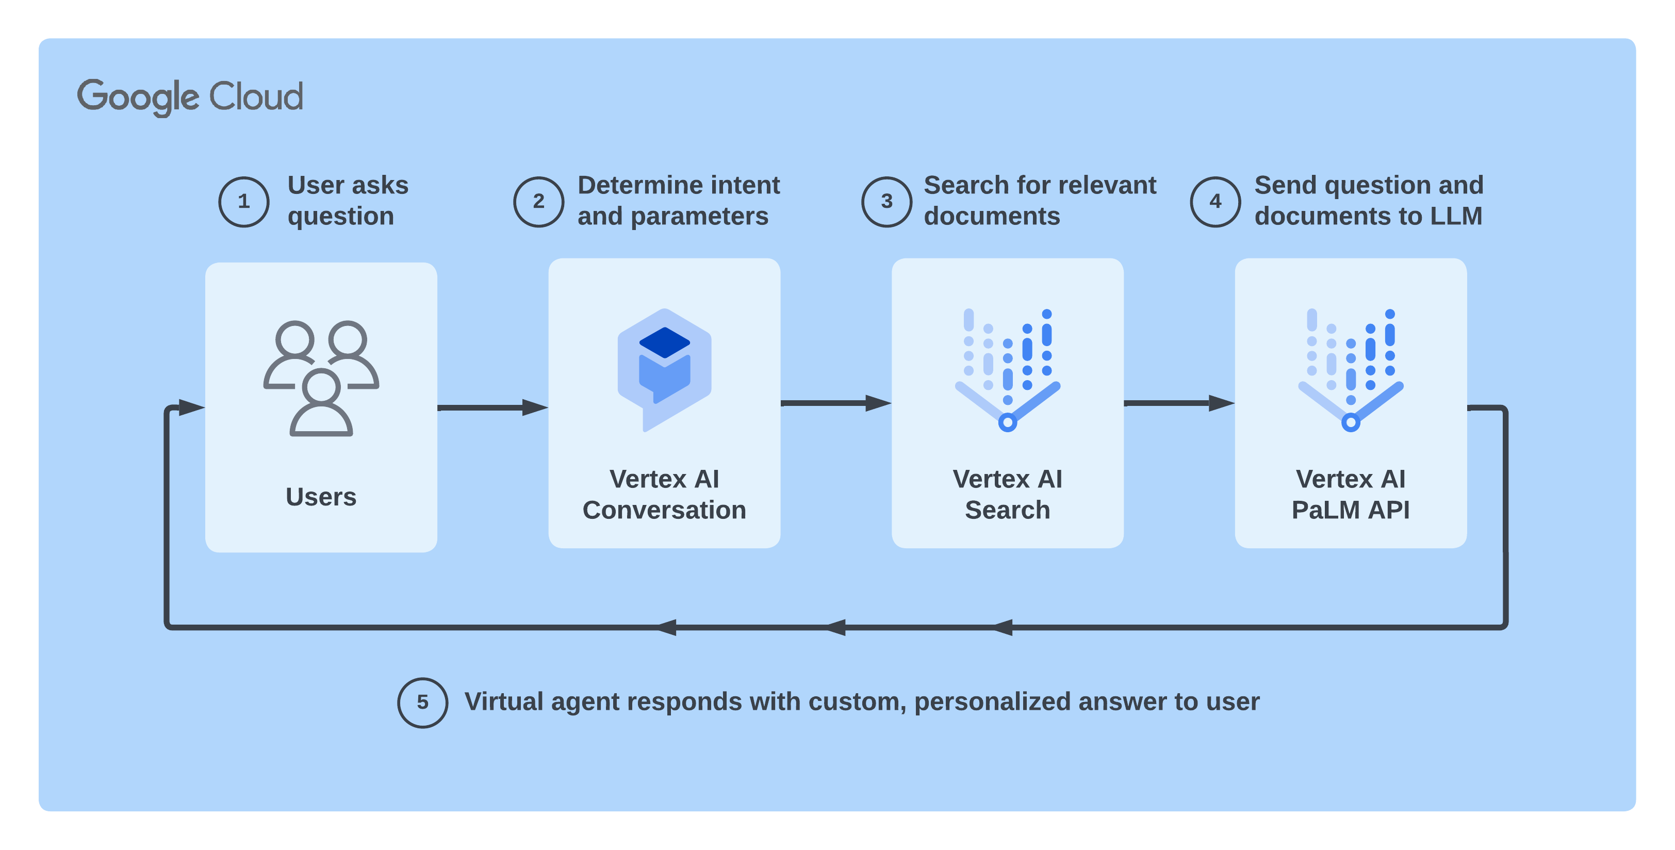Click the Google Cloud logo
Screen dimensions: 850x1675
(190, 97)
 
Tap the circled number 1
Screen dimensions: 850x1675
(244, 202)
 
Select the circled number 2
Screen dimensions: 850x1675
(538, 202)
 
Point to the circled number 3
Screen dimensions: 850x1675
(886, 202)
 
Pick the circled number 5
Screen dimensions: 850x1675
(423, 702)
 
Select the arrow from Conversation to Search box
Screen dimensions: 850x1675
(835, 403)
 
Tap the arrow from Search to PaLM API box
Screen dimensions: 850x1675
(1179, 403)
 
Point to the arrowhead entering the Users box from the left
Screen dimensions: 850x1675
(190, 408)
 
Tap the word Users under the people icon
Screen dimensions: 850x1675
(321, 497)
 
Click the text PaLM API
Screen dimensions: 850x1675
(1351, 510)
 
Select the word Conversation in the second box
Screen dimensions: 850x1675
(664, 510)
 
